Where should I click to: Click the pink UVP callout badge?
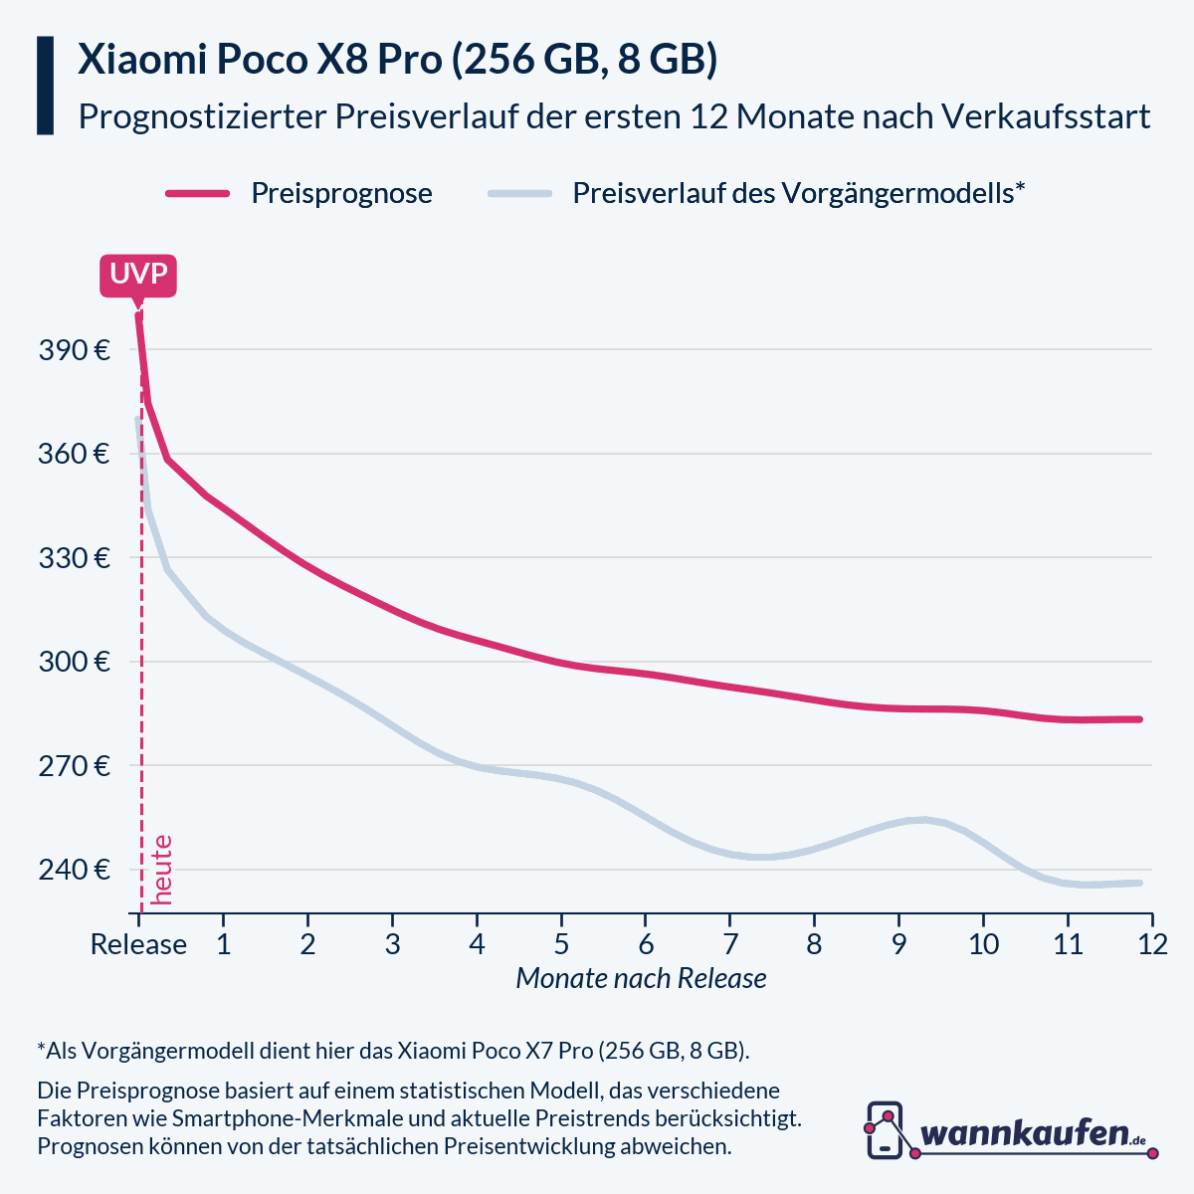click(138, 276)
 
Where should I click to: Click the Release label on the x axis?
click(138, 944)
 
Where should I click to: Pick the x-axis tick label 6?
click(646, 944)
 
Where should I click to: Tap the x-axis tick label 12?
click(1152, 944)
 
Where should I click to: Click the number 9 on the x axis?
click(898, 944)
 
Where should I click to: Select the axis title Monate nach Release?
click(641, 979)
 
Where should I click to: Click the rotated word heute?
click(163, 870)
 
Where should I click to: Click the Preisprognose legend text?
click(341, 193)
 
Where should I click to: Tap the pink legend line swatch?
click(197, 193)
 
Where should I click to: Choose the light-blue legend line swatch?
click(519, 193)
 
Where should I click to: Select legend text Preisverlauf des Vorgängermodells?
click(798, 193)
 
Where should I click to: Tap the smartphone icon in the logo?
click(885, 1130)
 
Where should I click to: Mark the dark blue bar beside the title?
click(45, 86)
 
